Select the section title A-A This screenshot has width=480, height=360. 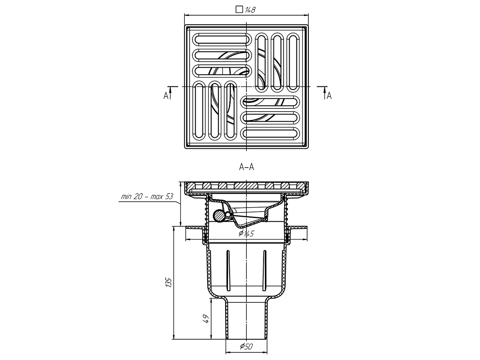pyautogui.click(x=246, y=168)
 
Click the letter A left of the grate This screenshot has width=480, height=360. pyautogui.click(x=165, y=96)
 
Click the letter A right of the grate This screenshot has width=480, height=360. pyautogui.click(x=329, y=96)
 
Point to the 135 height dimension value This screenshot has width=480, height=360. pyautogui.click(x=169, y=282)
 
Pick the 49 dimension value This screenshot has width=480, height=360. pyautogui.click(x=206, y=318)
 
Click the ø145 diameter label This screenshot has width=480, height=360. pyautogui.click(x=247, y=233)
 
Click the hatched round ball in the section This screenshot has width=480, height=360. pyautogui.click(x=219, y=216)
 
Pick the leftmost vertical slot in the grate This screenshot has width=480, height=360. pyautogui.click(x=199, y=111)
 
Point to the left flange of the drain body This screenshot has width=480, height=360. pyautogui.click(x=195, y=228)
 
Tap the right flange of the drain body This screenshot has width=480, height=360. pyautogui.click(x=298, y=228)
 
